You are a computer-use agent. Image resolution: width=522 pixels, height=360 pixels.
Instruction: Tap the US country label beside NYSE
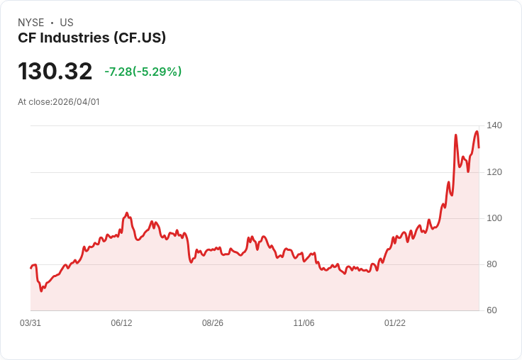[67, 23]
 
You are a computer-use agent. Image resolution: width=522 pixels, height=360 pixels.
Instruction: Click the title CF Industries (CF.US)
[91, 38]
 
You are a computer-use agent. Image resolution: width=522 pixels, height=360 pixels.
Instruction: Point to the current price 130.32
[55, 72]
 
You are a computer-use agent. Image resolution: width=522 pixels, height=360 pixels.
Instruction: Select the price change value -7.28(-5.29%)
[143, 72]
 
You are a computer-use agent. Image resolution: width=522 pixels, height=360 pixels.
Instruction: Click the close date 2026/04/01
[76, 102]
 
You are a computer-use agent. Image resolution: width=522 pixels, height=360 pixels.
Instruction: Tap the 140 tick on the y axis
[494, 125]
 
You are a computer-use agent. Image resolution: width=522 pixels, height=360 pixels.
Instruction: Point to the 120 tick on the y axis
[494, 172]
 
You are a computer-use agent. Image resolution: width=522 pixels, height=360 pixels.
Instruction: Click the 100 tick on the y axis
[494, 218]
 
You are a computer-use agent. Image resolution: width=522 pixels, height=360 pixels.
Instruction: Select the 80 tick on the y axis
[494, 264]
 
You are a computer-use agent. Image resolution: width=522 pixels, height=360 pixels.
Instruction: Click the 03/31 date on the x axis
[30, 323]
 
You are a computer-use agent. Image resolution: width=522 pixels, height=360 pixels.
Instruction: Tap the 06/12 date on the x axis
[121, 323]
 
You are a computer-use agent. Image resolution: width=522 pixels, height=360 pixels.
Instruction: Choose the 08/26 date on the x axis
[213, 323]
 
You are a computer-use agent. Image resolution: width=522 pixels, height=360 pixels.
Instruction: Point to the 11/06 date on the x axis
[304, 323]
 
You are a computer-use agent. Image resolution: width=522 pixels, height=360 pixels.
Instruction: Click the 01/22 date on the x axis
[395, 323]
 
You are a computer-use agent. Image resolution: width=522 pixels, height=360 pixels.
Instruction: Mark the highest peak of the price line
[477, 131]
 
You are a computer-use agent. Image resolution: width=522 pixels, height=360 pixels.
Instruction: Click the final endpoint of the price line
[479, 147]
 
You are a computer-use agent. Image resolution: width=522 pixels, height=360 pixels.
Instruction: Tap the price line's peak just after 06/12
[127, 213]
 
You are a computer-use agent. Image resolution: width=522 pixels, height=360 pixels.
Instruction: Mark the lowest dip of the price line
[42, 291]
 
